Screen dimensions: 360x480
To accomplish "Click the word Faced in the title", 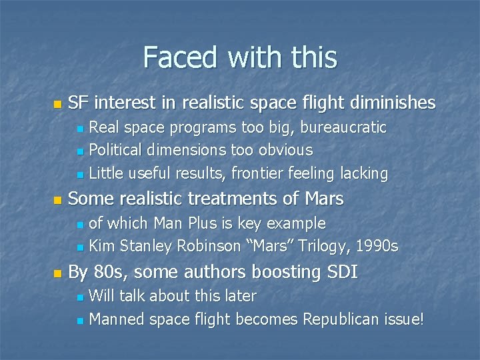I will pyautogui.click(x=175, y=57).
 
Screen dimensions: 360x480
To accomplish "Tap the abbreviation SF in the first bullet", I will pyautogui.click(x=78, y=103).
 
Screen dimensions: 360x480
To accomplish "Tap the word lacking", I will pyautogui.click(x=364, y=173).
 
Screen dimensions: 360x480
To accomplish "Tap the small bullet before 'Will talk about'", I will pyautogui.click(x=80, y=297).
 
